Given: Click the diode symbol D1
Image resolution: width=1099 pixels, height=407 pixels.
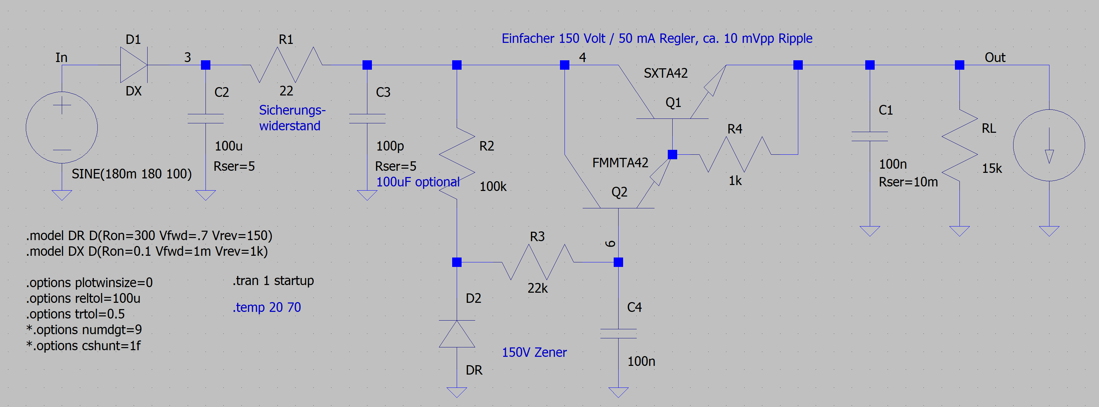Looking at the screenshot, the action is click(x=134, y=65).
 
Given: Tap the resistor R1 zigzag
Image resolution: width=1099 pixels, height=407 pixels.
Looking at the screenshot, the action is click(x=286, y=65).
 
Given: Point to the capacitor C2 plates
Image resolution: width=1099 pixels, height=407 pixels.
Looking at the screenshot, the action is click(x=205, y=119).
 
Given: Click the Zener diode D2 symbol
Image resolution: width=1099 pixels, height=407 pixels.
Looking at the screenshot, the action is click(x=457, y=334).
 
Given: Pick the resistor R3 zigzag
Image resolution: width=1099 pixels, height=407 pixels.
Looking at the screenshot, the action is click(x=538, y=262).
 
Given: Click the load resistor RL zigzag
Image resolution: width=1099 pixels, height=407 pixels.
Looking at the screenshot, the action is click(x=959, y=146).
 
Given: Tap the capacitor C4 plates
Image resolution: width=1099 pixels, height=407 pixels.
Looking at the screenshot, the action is click(x=618, y=334).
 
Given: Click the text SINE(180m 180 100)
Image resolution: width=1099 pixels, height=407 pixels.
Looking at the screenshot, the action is click(x=132, y=174).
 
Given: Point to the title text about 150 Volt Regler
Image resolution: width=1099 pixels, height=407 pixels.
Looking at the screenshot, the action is click(x=657, y=38).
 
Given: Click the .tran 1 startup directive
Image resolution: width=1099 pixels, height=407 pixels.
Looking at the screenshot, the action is click(x=273, y=281).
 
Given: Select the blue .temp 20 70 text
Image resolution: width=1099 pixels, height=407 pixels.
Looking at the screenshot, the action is click(x=267, y=307).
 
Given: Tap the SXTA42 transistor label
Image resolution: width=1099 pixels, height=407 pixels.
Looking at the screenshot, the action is click(x=666, y=73).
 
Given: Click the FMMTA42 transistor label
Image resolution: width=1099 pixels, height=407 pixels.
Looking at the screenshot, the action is click(x=620, y=163).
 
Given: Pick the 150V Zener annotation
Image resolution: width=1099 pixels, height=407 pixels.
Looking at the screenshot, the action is click(x=534, y=352).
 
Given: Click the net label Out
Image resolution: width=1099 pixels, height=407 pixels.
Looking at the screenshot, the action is click(x=995, y=57).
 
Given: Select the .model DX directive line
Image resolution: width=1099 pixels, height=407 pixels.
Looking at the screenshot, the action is click(x=147, y=252).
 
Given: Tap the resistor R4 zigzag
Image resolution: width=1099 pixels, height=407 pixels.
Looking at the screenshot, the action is click(x=735, y=154).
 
